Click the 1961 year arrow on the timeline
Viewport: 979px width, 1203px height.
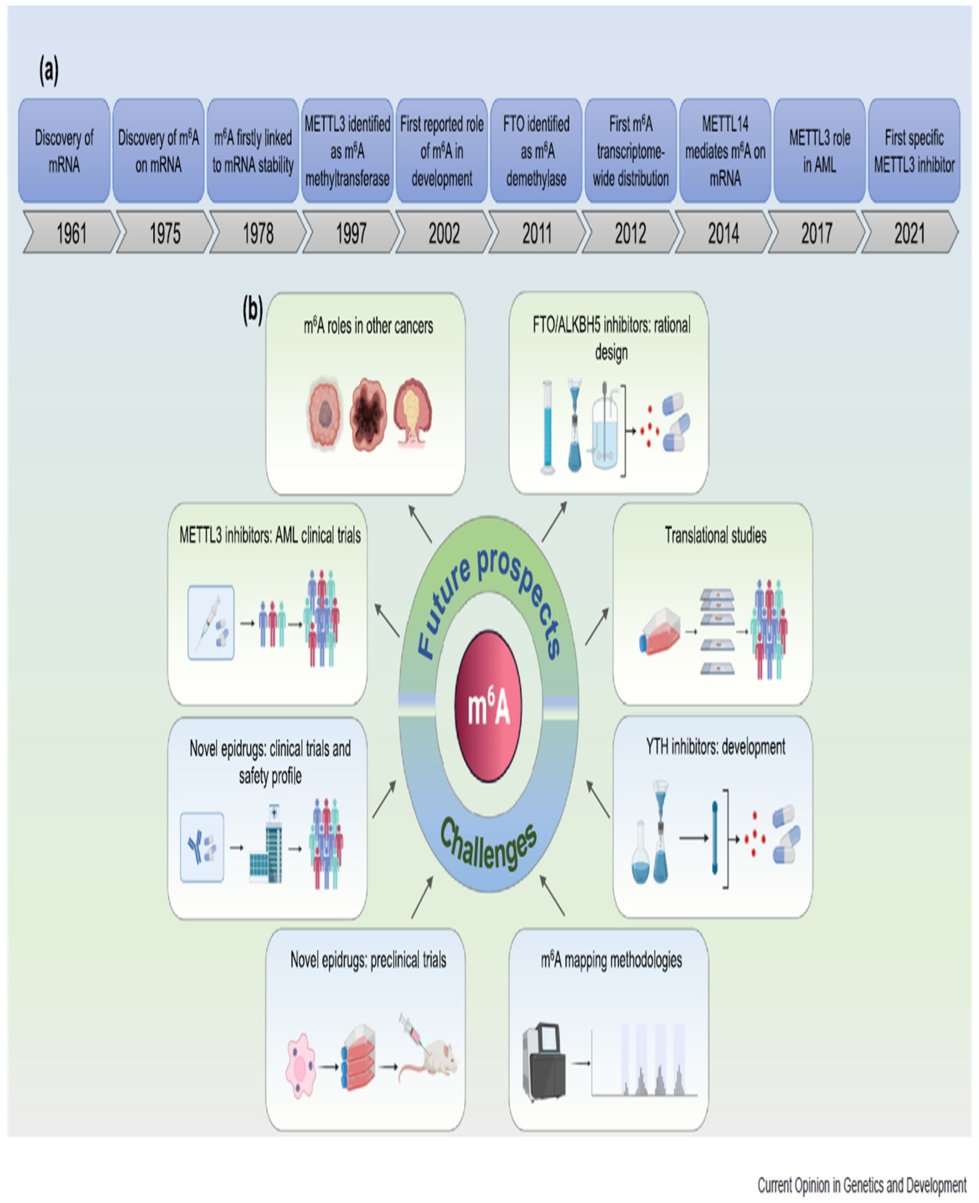[x=72, y=232]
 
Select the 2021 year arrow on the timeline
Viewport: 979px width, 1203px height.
[x=909, y=232]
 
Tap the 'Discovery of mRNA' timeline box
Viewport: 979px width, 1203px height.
[x=64, y=151]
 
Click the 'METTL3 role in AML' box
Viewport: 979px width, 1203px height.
[x=819, y=151]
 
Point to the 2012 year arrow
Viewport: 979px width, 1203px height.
[x=630, y=232]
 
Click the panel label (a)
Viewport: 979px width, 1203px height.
[x=49, y=71]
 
